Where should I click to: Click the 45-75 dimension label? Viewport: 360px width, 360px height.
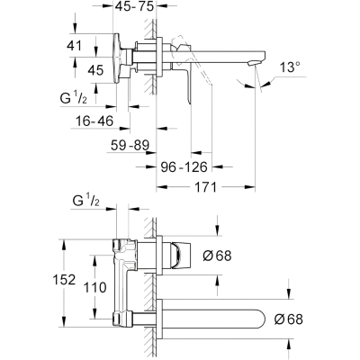[x=135, y=6]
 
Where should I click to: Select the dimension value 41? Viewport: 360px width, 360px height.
[x=74, y=46]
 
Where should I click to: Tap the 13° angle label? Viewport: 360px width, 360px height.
[x=291, y=67]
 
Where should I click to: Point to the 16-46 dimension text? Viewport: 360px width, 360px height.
[x=94, y=121]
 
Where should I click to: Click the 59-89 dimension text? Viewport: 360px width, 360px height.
[x=130, y=146]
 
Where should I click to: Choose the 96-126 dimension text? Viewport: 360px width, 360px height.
[x=184, y=166]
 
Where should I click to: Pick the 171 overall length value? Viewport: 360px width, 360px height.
[x=205, y=187]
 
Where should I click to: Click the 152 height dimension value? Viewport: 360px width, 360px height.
[x=64, y=280]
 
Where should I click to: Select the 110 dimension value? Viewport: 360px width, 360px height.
[x=94, y=287]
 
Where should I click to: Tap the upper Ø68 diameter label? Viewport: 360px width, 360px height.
[x=218, y=256]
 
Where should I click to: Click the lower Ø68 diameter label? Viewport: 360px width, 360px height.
[x=288, y=319]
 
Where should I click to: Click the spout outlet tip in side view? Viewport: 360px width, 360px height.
[x=254, y=62]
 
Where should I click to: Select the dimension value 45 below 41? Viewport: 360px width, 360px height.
[x=95, y=70]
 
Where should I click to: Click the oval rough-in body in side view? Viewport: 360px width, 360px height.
[x=117, y=58]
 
